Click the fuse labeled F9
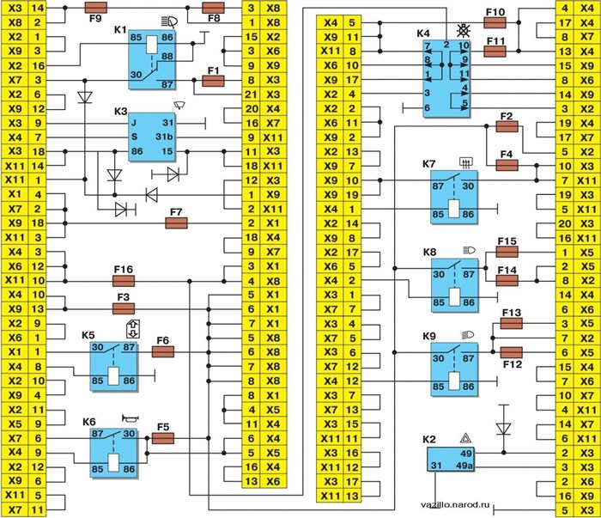pos(97,7)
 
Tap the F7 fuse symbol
pos(177,223)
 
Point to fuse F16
pos(123,281)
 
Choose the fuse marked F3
pos(123,308)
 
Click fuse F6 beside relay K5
pos(162,351)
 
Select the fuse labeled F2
pos(506,127)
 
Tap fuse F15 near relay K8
pos(506,253)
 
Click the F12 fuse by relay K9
pos(512,351)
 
